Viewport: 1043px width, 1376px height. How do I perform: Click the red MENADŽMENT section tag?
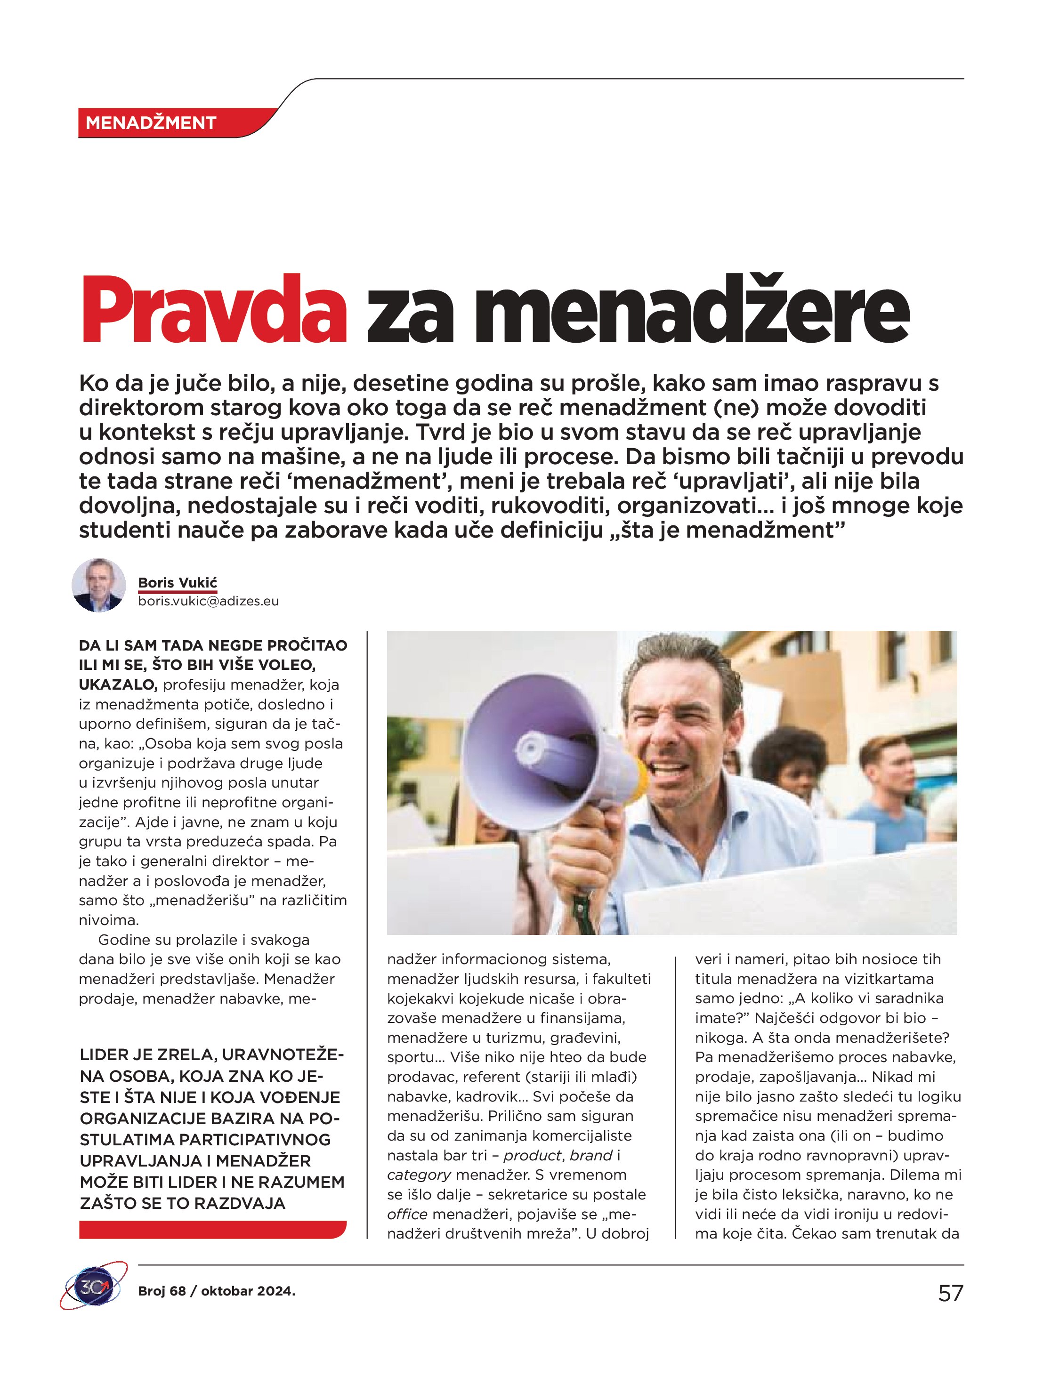click(151, 122)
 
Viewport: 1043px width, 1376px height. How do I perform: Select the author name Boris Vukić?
click(178, 582)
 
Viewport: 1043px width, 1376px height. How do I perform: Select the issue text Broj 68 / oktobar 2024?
click(217, 1291)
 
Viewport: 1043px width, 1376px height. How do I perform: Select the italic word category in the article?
click(419, 1175)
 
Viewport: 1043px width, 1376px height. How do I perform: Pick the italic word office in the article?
click(407, 1214)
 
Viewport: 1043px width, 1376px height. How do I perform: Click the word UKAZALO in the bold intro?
click(117, 685)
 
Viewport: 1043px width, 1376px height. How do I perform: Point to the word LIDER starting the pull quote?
click(105, 1055)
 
